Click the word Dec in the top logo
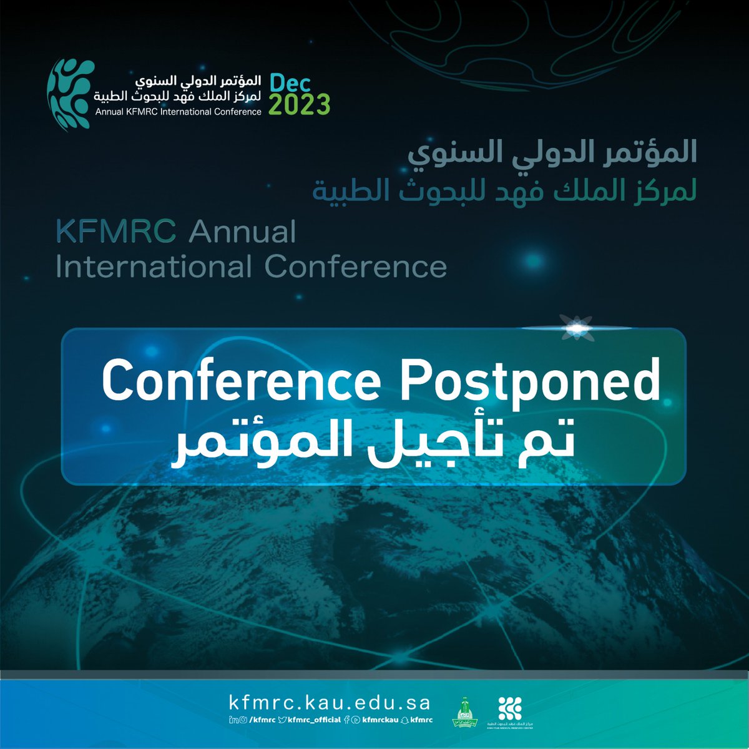tap(290, 83)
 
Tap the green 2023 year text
tap(299, 104)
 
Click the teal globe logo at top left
tap(71, 94)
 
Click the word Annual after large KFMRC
tap(242, 233)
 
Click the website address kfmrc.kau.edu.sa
tap(330, 703)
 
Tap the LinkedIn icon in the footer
tap(232, 720)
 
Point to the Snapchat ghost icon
tap(404, 720)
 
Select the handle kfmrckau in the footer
tap(379, 720)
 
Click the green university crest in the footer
tap(468, 711)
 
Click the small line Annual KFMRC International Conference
tap(179, 112)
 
